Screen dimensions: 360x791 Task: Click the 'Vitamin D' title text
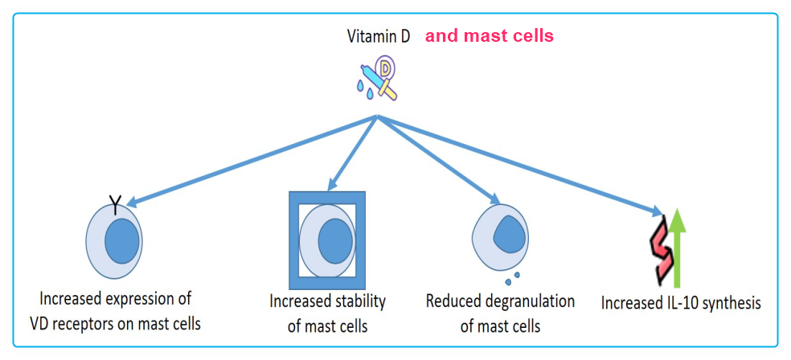tap(378, 36)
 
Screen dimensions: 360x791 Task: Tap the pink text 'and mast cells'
tap(489, 36)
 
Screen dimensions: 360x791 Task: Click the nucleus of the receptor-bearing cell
tap(123, 241)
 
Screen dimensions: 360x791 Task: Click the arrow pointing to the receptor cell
tap(249, 161)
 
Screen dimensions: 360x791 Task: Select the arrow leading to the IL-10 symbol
tap(523, 166)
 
